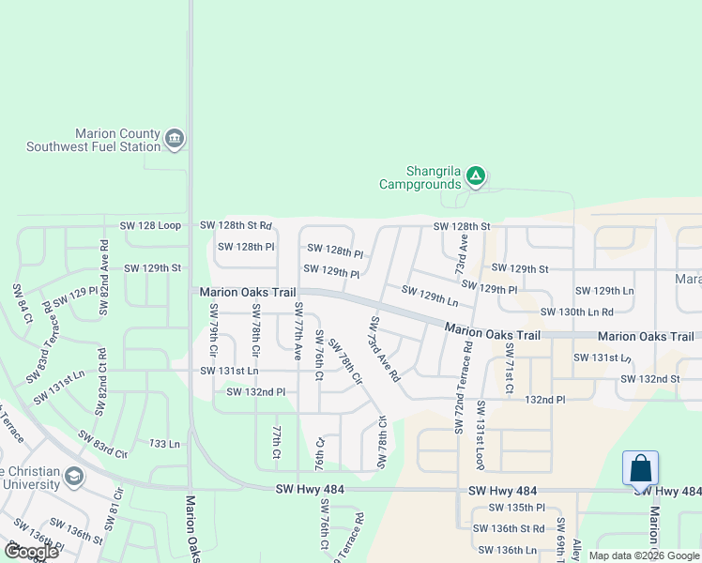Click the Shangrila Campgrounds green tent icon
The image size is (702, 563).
pyautogui.click(x=476, y=175)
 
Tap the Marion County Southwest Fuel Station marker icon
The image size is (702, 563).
pyautogui.click(x=174, y=140)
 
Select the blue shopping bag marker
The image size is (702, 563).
pyautogui.click(x=640, y=467)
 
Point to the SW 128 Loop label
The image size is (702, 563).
pyautogui.click(x=150, y=226)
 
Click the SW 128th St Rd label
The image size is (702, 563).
pyautogui.click(x=236, y=226)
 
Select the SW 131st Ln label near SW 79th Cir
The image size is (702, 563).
pyautogui.click(x=229, y=371)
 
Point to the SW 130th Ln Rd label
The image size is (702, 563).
pyautogui.click(x=576, y=312)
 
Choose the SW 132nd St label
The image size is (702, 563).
pyautogui.click(x=649, y=379)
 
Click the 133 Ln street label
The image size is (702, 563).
pyautogui.click(x=164, y=443)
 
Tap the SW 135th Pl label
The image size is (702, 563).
pyautogui.click(x=511, y=508)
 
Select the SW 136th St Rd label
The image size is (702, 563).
pyautogui.click(x=511, y=528)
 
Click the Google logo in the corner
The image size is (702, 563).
pyautogui.click(x=31, y=552)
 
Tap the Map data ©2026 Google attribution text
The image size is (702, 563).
pyautogui.click(x=643, y=555)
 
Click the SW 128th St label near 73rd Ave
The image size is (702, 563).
pyautogui.click(x=462, y=226)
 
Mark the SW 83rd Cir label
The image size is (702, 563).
pyautogui.click(x=102, y=444)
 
